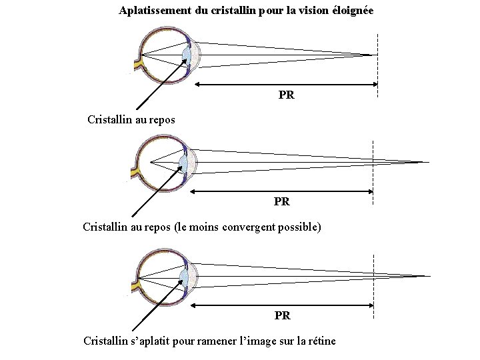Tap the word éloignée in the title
pyautogui.click(x=351, y=11)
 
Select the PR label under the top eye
pyautogui.click(x=287, y=95)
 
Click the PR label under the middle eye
pyautogui.click(x=282, y=201)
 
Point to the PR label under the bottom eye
pyautogui.click(x=283, y=315)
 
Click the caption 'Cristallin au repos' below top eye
pyautogui.click(x=131, y=120)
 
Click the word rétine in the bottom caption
pyautogui.click(x=321, y=341)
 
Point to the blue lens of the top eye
pyautogui.click(x=187, y=54)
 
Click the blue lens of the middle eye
pyautogui.click(x=184, y=162)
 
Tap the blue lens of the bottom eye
pyautogui.click(x=184, y=275)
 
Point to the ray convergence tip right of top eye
pyautogui.click(x=371, y=55)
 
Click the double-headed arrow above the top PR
pyautogui.click(x=287, y=84)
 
